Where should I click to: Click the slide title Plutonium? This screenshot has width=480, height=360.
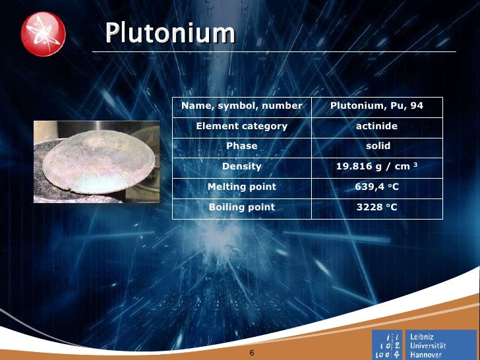[170, 32]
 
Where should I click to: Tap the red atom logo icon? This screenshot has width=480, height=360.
[43, 34]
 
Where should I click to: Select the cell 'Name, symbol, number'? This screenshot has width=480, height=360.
[241, 105]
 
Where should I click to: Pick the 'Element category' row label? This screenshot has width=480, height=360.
[241, 126]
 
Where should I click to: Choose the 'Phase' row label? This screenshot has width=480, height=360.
[241, 146]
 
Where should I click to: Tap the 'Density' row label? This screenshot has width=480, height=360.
[241, 166]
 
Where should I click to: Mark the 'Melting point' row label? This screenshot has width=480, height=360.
[241, 187]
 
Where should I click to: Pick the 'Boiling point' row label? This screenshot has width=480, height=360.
[241, 207]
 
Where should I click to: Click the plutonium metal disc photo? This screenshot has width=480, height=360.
[96, 162]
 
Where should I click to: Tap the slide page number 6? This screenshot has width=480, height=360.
[251, 353]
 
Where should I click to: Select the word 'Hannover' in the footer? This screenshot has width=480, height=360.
[426, 355]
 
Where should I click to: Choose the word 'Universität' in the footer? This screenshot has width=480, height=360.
[428, 345]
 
